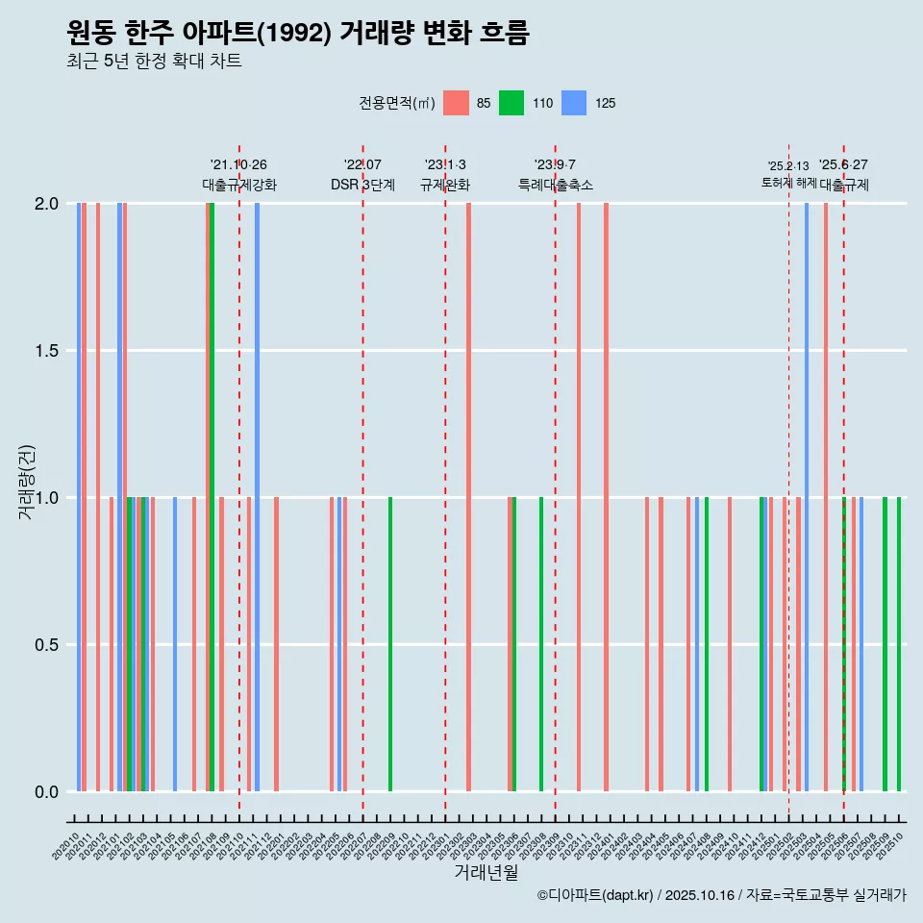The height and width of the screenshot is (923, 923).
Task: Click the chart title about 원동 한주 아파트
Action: [x=298, y=34]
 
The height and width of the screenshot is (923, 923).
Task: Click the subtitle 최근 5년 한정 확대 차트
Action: [x=154, y=62]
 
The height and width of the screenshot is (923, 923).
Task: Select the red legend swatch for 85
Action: [x=456, y=103]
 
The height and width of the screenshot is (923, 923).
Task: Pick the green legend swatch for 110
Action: [x=511, y=103]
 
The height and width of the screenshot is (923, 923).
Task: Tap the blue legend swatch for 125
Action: [x=574, y=103]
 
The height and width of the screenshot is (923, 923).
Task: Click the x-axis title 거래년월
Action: [x=486, y=872]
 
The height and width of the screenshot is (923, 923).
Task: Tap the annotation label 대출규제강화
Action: [x=239, y=185]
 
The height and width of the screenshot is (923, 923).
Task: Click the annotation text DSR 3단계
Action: [x=362, y=185]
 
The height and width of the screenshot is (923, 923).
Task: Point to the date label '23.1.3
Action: [x=445, y=165]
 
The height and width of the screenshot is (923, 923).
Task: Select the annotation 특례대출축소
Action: [x=555, y=185]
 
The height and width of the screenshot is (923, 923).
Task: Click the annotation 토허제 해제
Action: [x=788, y=182]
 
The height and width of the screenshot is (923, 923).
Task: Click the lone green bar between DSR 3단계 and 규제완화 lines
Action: [x=390, y=644]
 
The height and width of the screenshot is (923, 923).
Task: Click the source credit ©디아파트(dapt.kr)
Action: [x=595, y=895]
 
